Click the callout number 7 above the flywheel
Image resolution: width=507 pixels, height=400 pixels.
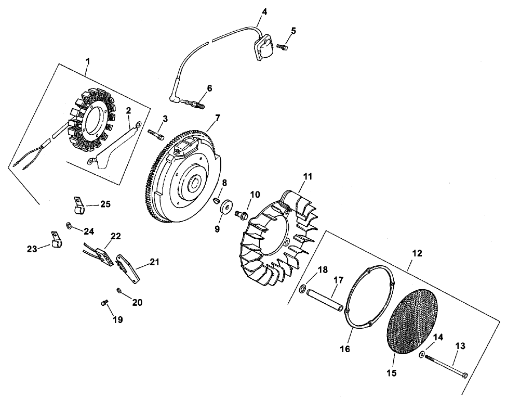(217, 118)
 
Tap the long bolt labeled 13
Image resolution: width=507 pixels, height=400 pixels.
(446, 366)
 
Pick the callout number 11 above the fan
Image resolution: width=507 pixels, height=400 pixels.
(308, 177)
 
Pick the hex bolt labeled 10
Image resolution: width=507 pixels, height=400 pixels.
(241, 213)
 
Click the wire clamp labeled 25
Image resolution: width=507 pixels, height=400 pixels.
(78, 205)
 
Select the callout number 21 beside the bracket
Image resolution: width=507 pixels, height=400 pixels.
(154, 262)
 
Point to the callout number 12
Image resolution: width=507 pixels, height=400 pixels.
(417, 253)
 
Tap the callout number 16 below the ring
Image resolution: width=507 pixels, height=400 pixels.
(345, 349)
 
